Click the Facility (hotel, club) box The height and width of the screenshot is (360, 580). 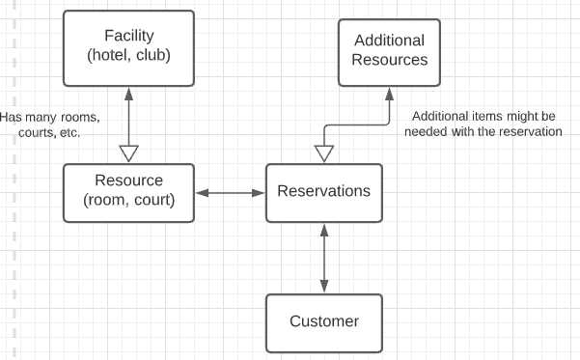[x=128, y=47]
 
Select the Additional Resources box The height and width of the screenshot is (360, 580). [x=390, y=50]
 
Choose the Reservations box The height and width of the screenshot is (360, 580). [x=323, y=191]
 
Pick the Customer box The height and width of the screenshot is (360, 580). [x=323, y=321]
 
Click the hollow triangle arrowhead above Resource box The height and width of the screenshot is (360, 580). [x=128, y=153]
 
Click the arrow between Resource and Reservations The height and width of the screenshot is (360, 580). [x=230, y=193]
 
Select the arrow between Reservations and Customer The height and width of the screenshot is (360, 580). [x=323, y=258]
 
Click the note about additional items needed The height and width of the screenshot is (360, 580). [x=486, y=123]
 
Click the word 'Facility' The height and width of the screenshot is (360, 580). [x=128, y=37]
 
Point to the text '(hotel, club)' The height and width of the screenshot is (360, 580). [x=128, y=56]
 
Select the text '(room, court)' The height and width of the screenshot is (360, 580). [x=128, y=200]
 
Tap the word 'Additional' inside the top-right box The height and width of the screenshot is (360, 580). [x=390, y=41]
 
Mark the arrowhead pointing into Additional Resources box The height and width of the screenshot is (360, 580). [x=390, y=94]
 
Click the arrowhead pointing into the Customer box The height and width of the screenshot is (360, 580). [x=323, y=286]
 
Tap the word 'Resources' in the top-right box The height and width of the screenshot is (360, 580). [x=390, y=60]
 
